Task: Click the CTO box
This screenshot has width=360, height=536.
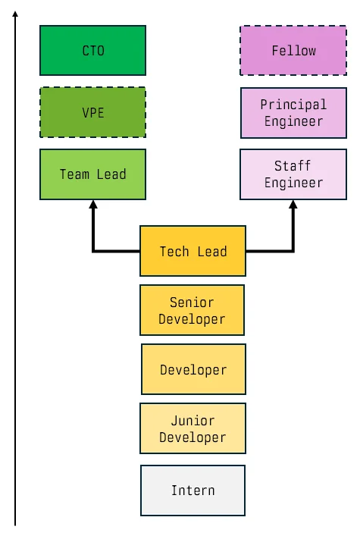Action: (92, 51)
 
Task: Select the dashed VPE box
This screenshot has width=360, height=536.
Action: (92, 112)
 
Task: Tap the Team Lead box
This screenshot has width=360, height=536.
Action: (92, 174)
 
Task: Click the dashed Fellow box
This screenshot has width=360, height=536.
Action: (293, 51)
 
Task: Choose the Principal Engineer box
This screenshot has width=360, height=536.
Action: (293, 112)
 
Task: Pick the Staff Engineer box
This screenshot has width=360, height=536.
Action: (293, 174)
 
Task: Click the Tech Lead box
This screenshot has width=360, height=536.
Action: (193, 251)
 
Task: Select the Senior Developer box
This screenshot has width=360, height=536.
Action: (193, 310)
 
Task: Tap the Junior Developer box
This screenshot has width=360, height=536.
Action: (193, 429)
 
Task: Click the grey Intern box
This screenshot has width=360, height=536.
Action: (193, 491)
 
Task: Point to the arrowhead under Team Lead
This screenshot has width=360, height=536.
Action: (93, 205)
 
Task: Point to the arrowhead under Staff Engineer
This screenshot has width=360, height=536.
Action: (293, 205)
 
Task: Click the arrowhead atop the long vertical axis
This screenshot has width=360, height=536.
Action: (15, 14)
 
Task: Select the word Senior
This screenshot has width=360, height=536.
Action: (193, 302)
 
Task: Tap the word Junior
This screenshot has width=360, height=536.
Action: (193, 421)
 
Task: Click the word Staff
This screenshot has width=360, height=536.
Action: (293, 166)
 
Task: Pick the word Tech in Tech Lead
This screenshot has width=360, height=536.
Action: (174, 251)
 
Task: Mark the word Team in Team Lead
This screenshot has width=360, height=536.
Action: (74, 174)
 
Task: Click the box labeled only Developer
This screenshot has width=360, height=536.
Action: (193, 370)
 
